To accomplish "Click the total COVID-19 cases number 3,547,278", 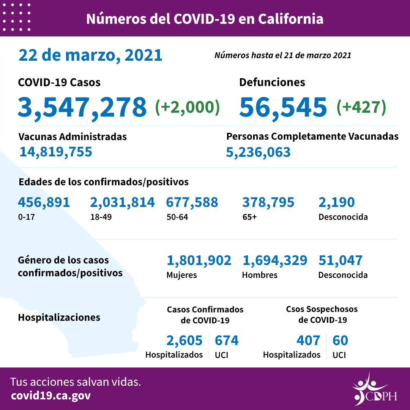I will pos(82,107).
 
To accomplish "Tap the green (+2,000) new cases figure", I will pos(188,107).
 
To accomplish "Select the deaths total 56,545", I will pos(283,107).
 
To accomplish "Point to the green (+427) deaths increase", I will pos(361,107).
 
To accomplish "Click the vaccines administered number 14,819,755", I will pos(56,152).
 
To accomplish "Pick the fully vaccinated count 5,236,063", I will pos(258,152).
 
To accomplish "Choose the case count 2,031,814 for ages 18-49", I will pos(122,202).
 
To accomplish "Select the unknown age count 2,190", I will pos(336,202).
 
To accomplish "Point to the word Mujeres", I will pos(181,275).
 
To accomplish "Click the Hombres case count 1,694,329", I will pos(274,260).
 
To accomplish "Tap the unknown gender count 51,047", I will pos(340,260).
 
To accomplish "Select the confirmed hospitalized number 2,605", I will pos(184,341).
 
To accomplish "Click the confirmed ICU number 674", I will pos(227,341).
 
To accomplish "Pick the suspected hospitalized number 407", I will pos(308,341).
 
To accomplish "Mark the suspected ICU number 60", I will pos(340,341).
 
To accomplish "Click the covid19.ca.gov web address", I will pos(51,396).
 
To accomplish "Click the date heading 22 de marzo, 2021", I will pos(90,55).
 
